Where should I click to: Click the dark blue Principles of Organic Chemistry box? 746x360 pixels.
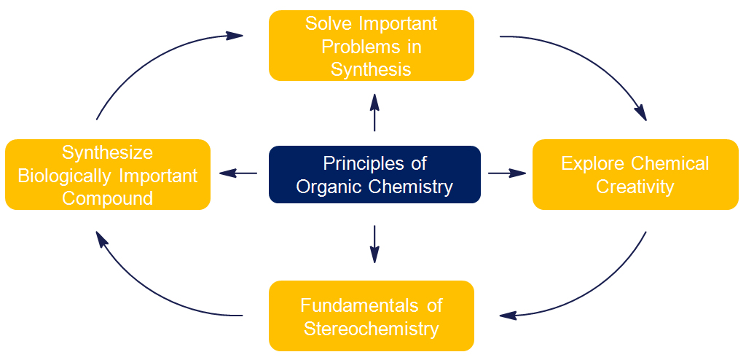(x=374, y=174)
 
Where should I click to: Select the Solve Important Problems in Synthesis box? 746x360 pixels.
(x=371, y=45)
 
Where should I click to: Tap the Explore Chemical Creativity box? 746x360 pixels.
(x=635, y=174)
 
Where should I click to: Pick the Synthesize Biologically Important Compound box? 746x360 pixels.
(x=107, y=174)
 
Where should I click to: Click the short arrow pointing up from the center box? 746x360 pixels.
(x=374, y=112)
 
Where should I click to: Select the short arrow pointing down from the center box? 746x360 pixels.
(x=374, y=243)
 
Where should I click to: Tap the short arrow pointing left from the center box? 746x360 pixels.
(x=238, y=173)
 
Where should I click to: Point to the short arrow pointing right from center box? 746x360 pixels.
(x=507, y=173)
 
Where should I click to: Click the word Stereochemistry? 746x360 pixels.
(x=371, y=328)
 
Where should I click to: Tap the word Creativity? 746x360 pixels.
(x=635, y=187)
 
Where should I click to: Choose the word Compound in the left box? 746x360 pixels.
(x=107, y=197)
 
